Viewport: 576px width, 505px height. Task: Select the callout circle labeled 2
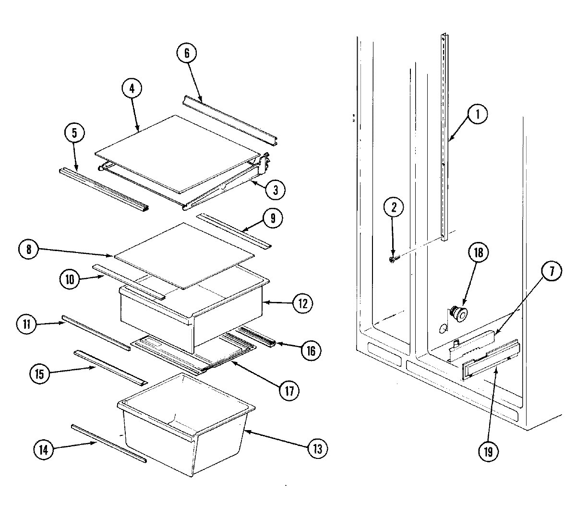pyautogui.click(x=394, y=208)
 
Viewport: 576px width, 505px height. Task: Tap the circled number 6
pyautogui.click(x=187, y=53)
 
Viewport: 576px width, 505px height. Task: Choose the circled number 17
pyautogui.click(x=288, y=389)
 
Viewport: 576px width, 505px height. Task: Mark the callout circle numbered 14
pyautogui.click(x=43, y=450)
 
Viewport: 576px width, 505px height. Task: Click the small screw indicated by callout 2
pyautogui.click(x=393, y=260)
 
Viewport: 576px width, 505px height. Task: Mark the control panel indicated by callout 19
pyautogui.click(x=490, y=361)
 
